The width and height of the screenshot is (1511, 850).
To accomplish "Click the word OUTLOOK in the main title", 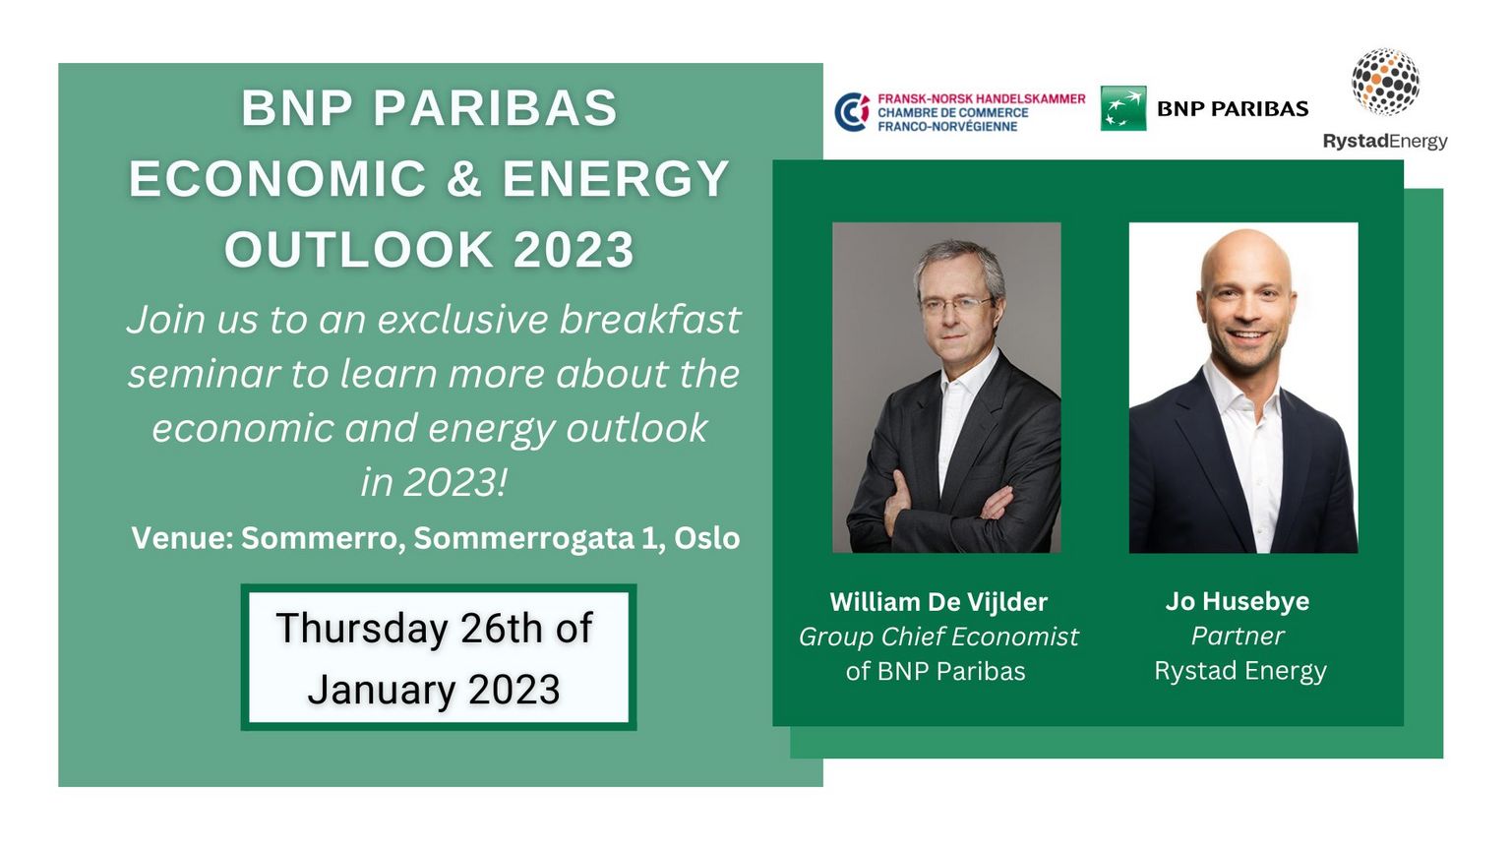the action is (x=358, y=249).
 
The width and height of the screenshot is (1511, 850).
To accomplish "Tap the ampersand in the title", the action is (x=464, y=178).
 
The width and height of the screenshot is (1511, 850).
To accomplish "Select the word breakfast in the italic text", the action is (x=649, y=319).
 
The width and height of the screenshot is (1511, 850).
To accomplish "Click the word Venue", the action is (x=178, y=538).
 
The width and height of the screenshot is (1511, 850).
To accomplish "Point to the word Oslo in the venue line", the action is (x=707, y=538).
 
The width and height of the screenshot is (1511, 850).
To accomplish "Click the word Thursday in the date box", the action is (x=362, y=629).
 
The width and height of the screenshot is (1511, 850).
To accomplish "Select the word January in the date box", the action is (x=381, y=690).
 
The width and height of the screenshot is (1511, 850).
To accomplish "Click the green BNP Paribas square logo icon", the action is (x=1123, y=108).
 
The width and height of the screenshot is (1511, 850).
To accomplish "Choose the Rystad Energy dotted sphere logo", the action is (x=1385, y=82).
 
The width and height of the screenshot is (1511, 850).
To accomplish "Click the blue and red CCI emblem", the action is (x=852, y=112).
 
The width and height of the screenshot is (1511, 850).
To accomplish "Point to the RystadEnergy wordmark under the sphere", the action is (x=1385, y=142).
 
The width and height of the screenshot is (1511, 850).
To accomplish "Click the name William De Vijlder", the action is (x=938, y=601).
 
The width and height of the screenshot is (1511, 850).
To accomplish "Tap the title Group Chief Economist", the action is (x=938, y=637).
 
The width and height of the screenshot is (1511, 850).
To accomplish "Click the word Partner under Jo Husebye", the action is (x=1238, y=636).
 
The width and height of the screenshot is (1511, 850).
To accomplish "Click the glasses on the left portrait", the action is (x=956, y=306).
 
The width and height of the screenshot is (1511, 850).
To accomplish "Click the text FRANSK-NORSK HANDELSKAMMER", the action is (x=982, y=98).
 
